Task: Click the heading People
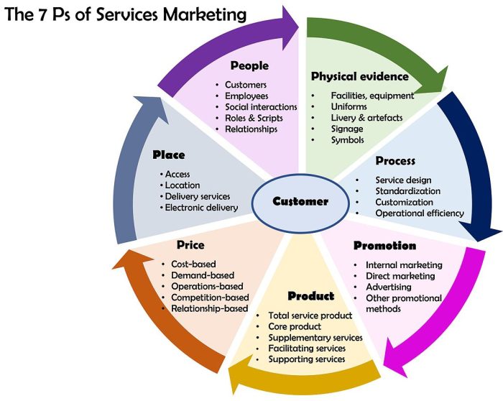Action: [249, 65]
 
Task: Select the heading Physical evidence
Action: [359, 76]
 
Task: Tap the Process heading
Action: [395, 160]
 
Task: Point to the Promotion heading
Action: [384, 246]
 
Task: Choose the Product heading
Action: [310, 296]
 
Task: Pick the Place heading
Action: [169, 155]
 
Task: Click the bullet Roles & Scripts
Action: [254, 118]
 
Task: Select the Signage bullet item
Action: [347, 129]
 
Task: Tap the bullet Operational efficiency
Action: [420, 213]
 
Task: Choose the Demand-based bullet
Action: [203, 275]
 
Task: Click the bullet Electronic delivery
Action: [202, 208]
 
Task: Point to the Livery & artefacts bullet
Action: [366, 117]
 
